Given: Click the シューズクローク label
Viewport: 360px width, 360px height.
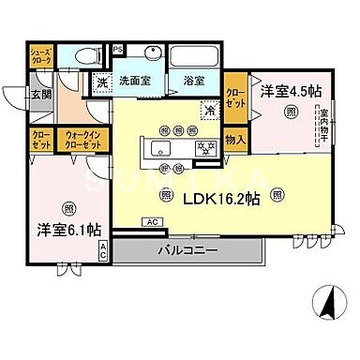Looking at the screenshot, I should (x=40, y=56).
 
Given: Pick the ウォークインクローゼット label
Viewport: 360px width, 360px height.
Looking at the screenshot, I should (x=80, y=141).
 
